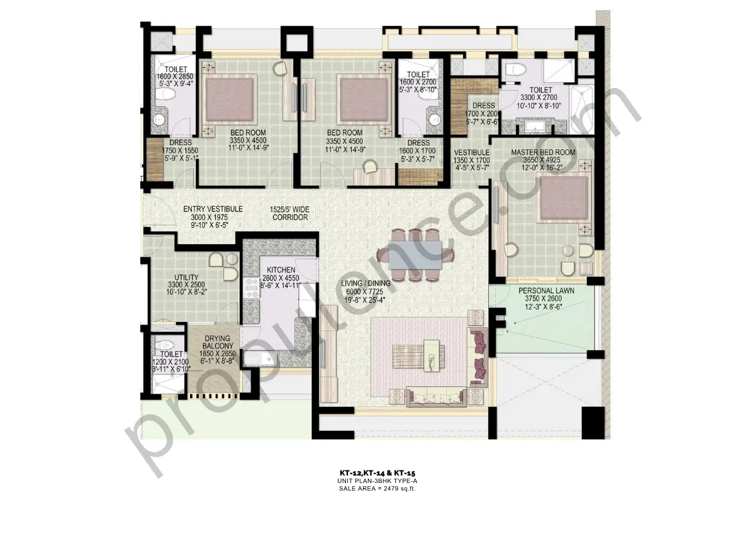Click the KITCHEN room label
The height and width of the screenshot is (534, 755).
coord(280,270)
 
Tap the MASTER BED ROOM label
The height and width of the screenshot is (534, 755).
coord(543,152)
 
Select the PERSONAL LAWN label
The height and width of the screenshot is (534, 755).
coord(542,291)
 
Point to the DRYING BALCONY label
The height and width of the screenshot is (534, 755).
coord(218,343)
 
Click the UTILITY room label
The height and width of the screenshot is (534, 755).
coord(186,277)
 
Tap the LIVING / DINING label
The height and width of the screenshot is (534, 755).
coord(366,283)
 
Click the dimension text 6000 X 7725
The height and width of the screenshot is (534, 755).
coord(366,291)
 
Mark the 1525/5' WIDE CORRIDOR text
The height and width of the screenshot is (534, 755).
coord(290,213)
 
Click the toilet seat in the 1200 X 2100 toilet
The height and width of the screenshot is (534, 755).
coord(164,345)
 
